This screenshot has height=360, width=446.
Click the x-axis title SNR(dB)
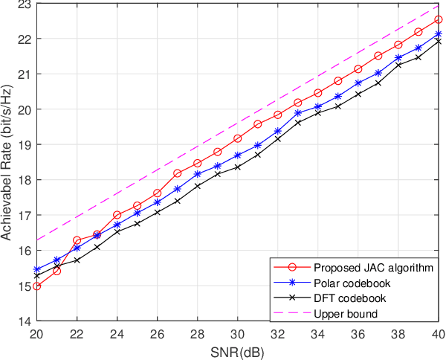pyautogui.click(x=237, y=350)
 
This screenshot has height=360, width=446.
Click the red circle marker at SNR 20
pyautogui.click(x=37, y=286)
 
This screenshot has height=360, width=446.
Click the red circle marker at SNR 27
pyautogui.click(x=177, y=173)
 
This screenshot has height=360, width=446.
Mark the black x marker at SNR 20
pyautogui.click(x=37, y=276)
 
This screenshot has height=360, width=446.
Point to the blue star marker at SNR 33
pyautogui.click(x=297, y=113)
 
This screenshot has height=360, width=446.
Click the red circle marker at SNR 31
pyautogui.click(x=257, y=124)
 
